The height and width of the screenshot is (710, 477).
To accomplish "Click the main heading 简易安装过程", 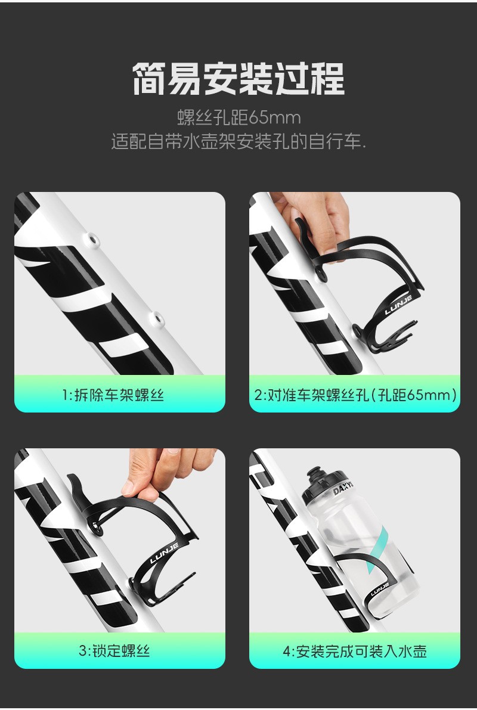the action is pos(238,79).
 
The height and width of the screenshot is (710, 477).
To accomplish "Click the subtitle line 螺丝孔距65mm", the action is pos(238,117).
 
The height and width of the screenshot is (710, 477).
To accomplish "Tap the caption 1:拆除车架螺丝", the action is pos(113,395).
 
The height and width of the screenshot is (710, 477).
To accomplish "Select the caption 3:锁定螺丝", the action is pos(114,651).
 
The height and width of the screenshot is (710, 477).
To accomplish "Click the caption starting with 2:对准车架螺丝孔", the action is pos(355,395).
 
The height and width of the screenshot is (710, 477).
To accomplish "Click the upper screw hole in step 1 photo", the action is pos(94,238).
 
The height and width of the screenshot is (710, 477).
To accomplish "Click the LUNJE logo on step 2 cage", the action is pos(398,305).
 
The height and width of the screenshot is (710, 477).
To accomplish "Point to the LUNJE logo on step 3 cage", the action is pos(164,553).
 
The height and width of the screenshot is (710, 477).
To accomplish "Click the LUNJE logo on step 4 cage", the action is pos(380,589).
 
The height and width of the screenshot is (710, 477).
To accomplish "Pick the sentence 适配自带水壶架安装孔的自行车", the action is pos(238,142).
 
